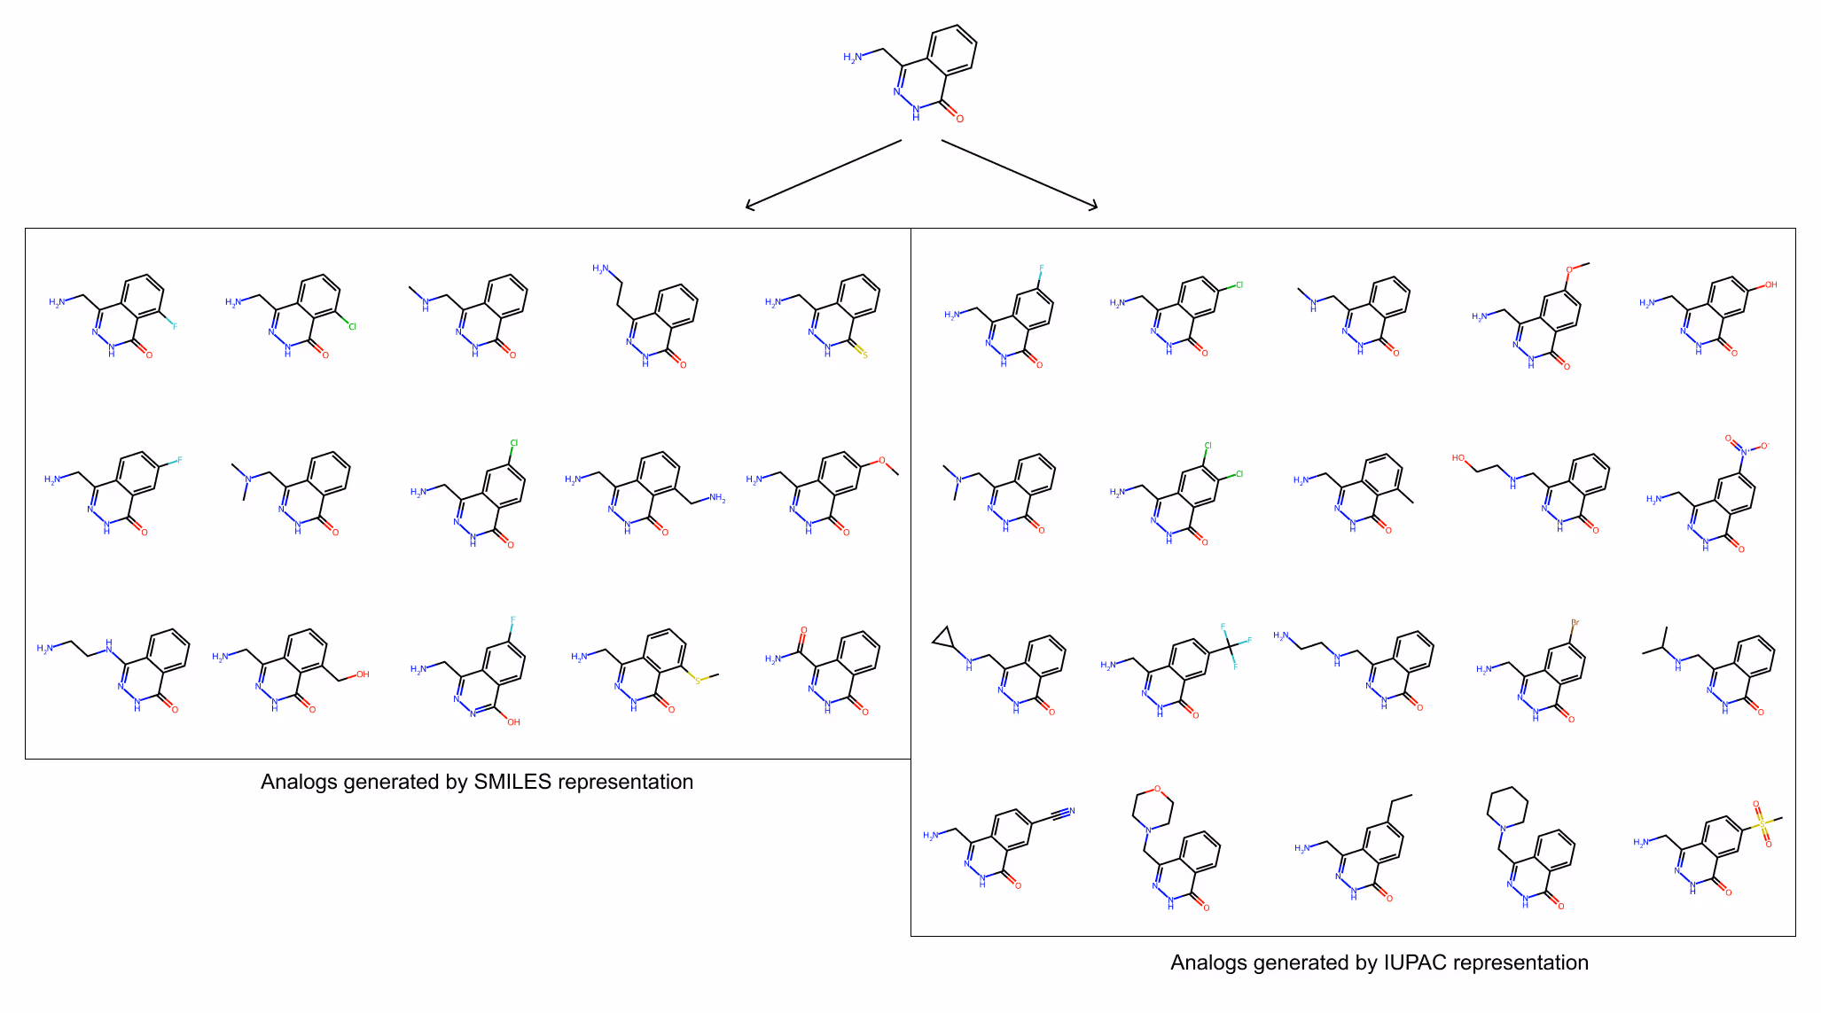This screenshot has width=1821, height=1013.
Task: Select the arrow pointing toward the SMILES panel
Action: pyautogui.click(x=824, y=175)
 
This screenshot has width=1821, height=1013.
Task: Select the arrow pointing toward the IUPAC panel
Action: pyautogui.click(x=1020, y=175)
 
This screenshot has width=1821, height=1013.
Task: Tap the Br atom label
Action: pyautogui.click(x=1575, y=623)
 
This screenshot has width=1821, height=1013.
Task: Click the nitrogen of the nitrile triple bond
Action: pyautogui.click(x=1071, y=811)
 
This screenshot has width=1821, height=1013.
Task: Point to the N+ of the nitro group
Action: pyautogui.click(x=1744, y=451)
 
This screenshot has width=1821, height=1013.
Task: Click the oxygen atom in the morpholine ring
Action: pyautogui.click(x=1157, y=789)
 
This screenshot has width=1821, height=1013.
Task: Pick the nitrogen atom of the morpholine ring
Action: pyautogui.click(x=1148, y=830)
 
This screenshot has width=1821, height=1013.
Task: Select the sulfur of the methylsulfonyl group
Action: pyautogui.click(x=1762, y=823)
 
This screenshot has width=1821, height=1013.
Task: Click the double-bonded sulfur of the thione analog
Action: pyautogui.click(x=864, y=355)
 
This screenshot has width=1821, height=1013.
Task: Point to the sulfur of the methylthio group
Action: pyautogui.click(x=698, y=680)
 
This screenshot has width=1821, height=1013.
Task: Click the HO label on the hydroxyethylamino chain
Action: pyautogui.click(x=1458, y=458)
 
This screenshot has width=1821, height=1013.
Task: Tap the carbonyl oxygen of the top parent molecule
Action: pyautogui.click(x=959, y=119)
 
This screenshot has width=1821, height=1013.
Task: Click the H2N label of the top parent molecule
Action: pyautogui.click(x=852, y=58)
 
